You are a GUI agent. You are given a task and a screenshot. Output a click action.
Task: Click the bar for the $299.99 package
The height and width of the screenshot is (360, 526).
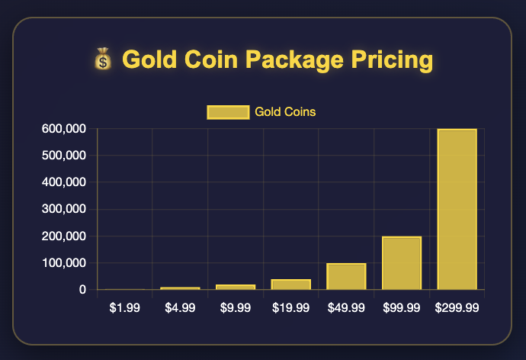pyautogui.click(x=457, y=210)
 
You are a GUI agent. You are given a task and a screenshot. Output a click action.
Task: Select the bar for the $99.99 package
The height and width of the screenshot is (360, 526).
pyautogui.click(x=402, y=263)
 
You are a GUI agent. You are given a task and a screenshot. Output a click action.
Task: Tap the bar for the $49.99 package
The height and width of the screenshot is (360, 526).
pyautogui.click(x=346, y=277)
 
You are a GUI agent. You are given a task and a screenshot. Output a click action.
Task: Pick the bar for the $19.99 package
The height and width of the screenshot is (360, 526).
pyautogui.click(x=290, y=284)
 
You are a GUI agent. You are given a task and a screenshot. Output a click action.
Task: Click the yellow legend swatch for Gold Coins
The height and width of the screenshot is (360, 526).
pyautogui.click(x=229, y=112)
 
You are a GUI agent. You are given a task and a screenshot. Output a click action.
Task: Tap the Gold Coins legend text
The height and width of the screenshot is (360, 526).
pyautogui.click(x=286, y=112)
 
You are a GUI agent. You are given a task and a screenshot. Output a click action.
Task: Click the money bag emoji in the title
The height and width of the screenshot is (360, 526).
pyautogui.click(x=102, y=59)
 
